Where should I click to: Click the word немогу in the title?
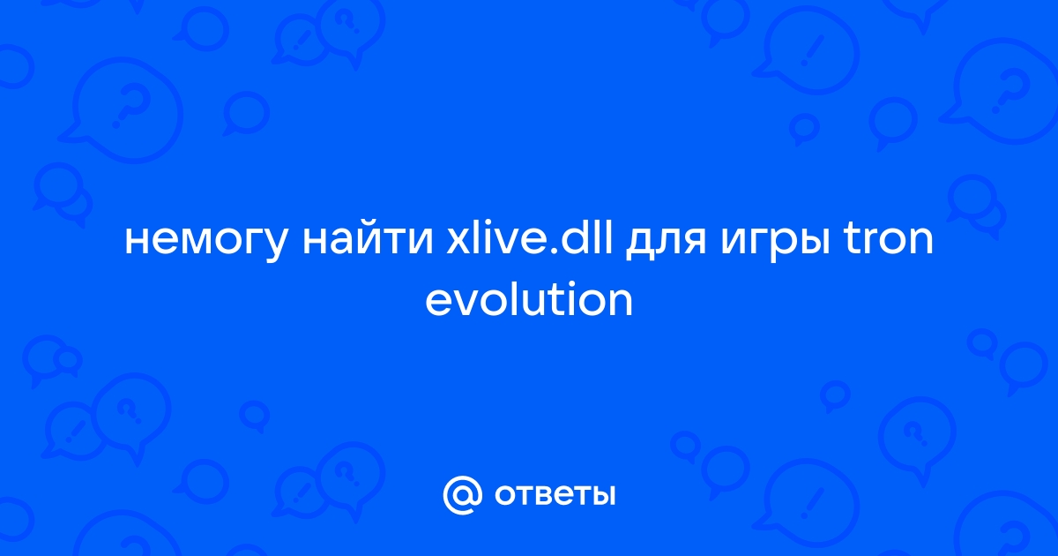click(206, 241)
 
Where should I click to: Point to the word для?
click(666, 242)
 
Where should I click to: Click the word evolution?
click(529, 298)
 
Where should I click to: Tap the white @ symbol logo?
click(462, 495)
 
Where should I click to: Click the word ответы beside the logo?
click(555, 495)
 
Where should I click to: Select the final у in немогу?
click(272, 245)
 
